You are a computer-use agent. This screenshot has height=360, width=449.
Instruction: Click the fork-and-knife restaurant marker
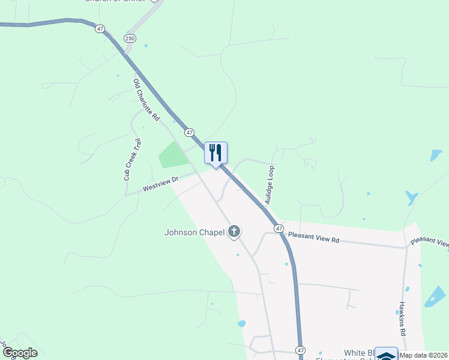point(216,153)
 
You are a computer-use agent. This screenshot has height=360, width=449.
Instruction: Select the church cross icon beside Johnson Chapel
point(234,231)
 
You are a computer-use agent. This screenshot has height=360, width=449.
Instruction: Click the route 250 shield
point(130,38)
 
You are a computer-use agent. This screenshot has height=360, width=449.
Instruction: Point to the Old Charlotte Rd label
point(146,100)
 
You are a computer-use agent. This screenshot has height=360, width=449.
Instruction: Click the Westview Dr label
point(160,184)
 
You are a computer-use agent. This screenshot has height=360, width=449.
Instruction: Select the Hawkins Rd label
point(403,318)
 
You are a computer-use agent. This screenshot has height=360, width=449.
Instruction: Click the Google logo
point(20,353)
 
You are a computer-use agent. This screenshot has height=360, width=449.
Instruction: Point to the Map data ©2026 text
point(424,355)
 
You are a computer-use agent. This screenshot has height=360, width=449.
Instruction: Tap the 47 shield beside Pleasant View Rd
point(279,229)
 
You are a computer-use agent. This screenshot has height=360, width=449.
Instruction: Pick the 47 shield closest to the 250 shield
point(99,28)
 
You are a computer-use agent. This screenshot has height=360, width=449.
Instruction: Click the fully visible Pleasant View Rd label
point(313,237)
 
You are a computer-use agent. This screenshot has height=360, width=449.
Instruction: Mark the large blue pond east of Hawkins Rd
point(436,297)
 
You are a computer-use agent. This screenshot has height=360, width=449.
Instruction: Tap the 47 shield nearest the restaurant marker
point(190,132)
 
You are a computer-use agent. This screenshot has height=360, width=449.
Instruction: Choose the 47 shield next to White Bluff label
point(300,349)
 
